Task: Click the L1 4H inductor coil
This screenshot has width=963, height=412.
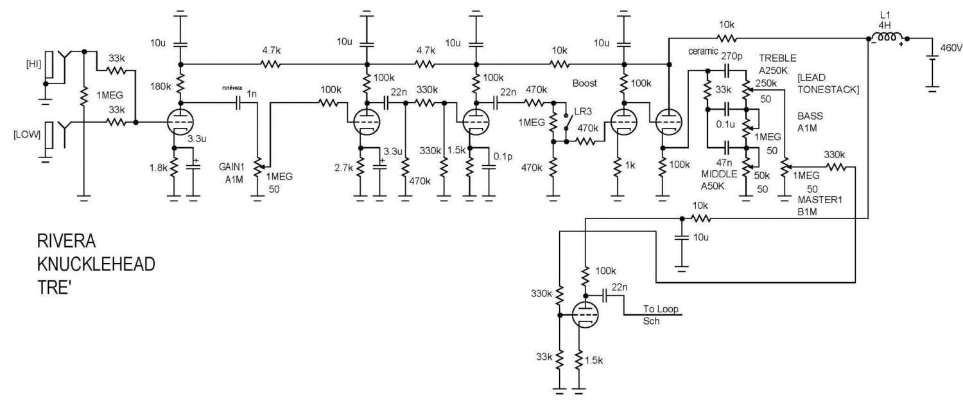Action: tap(886, 38)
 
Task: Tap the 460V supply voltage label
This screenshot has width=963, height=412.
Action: tap(951, 48)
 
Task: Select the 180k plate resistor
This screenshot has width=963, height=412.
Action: tap(180, 84)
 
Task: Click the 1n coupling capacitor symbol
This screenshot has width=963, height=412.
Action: tap(238, 102)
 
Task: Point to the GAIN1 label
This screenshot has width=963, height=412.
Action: tap(231, 166)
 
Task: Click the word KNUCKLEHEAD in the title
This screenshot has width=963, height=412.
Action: tap(96, 264)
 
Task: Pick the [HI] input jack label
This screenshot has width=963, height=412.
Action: tap(33, 64)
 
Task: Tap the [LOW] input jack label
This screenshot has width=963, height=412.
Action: tap(27, 134)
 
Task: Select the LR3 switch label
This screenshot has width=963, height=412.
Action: tap(583, 111)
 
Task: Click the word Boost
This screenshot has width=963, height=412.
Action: tap(585, 83)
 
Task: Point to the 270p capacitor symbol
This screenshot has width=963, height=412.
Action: tap(727, 70)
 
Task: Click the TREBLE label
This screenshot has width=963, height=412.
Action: tap(777, 58)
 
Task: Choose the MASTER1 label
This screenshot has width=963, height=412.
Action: tap(820, 200)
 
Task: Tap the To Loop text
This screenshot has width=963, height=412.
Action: tap(661, 309)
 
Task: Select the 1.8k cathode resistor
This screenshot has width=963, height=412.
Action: tap(174, 168)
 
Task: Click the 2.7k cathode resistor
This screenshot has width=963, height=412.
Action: tap(360, 168)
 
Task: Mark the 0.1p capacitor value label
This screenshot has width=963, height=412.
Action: tap(503, 156)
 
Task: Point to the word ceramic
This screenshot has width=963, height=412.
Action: tap(703, 51)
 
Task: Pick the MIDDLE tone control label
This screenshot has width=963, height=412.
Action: tap(719, 174)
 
